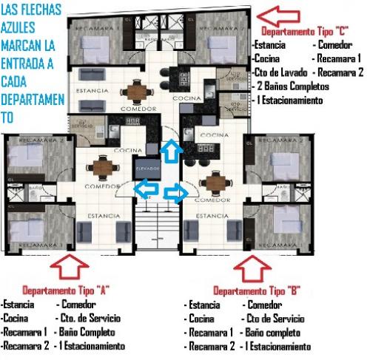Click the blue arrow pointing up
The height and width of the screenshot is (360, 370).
(x=169, y=151)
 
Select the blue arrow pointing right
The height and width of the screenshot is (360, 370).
(x=176, y=194)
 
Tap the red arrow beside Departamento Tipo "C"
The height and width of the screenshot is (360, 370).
(x=278, y=14)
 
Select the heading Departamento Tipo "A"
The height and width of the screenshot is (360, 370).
(x=66, y=291)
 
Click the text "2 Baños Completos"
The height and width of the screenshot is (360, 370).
(x=292, y=86)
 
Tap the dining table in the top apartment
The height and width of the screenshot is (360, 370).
(x=135, y=91)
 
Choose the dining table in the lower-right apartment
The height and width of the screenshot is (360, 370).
(x=215, y=180)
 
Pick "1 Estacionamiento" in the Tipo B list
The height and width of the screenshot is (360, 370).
(x=277, y=346)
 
